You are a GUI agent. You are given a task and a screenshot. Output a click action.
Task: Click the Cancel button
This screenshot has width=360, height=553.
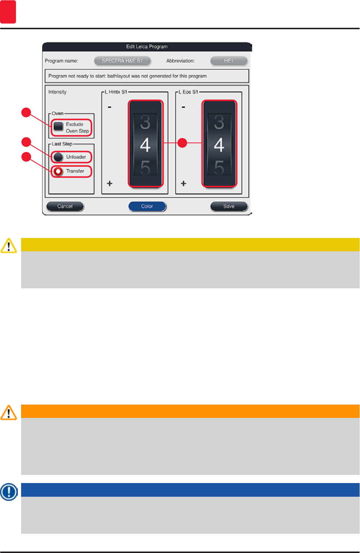pos(65,206)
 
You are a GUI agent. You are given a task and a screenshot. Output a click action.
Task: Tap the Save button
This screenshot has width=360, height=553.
pos(229,206)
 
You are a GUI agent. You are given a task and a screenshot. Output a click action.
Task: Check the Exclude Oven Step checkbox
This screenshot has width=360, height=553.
pos(58,126)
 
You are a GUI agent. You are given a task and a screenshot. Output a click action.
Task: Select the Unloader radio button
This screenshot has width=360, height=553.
pos(58,157)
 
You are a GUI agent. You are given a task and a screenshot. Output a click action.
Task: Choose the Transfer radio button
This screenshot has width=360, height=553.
pos(58,171)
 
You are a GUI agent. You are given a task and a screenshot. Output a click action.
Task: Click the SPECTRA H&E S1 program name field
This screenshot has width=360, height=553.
pos(122,61)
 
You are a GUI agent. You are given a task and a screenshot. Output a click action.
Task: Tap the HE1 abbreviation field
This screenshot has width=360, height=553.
pos(229,61)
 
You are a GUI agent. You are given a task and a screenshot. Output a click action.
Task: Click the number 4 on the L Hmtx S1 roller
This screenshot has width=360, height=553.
pos(145,145)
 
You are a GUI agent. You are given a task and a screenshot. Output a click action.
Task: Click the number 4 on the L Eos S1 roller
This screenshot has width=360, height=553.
pos(219,145)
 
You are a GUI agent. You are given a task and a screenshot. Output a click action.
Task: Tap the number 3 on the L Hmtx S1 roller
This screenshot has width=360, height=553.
pos(145,123)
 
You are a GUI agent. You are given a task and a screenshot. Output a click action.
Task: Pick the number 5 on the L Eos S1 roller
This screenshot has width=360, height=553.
pos(219,168)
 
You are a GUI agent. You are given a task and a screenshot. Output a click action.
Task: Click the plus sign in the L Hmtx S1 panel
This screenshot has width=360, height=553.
pos(110,184)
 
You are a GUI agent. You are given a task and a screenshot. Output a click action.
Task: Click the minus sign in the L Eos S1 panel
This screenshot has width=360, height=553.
pos(183,107)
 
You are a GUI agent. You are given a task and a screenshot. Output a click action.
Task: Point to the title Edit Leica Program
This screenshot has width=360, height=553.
pos(147,47)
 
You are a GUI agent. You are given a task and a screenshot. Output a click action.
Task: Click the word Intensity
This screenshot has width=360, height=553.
pos(57,92)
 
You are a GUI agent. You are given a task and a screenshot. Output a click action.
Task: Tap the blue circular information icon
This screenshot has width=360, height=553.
pos(9,492)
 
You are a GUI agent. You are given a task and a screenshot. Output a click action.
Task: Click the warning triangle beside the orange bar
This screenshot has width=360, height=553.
pos(9,412)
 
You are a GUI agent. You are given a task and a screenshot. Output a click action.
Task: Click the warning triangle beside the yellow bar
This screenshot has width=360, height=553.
pos(9,245)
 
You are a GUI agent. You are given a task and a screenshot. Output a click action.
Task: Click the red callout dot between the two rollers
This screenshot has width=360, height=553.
pos(182,143)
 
